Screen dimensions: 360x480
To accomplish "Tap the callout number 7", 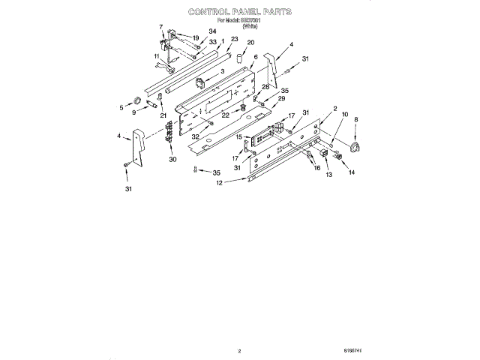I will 161,27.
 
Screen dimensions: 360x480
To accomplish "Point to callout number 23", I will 235,38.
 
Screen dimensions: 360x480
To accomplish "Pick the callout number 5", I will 121,107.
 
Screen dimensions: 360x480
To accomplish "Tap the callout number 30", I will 172,159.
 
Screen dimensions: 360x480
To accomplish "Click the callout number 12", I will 219,183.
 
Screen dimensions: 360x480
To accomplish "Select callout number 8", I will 356,119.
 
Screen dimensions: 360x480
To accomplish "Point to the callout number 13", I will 328,174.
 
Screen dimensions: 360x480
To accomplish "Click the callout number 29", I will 282,99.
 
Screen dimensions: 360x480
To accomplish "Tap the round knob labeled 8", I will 356,145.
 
